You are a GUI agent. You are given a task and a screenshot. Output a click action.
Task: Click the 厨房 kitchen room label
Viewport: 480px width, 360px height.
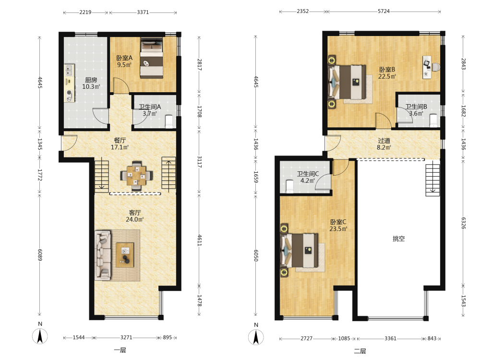[x=91, y=80]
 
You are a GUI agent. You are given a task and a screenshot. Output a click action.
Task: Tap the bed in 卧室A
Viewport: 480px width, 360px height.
[x=152, y=58]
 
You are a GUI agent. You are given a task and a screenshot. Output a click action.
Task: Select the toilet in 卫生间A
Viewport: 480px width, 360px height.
[x=169, y=121]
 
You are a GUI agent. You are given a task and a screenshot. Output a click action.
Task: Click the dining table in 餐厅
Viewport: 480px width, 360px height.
[x=136, y=176]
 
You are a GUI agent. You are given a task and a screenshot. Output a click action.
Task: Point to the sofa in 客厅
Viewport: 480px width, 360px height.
[x=103, y=255]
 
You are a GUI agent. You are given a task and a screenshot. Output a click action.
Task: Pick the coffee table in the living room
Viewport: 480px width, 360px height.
[x=125, y=255]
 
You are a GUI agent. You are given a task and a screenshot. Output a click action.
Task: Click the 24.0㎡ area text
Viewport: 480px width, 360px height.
[x=134, y=219]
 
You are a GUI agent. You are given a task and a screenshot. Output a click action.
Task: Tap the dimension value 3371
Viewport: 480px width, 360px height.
[x=143, y=12]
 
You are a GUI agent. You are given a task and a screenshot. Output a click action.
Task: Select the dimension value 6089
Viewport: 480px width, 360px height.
[x=40, y=255]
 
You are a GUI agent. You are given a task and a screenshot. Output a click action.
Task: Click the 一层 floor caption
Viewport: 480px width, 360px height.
[x=120, y=350]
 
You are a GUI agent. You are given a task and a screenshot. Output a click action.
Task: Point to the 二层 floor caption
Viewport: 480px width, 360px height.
[x=360, y=351]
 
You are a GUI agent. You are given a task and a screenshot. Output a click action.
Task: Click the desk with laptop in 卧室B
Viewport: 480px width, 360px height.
[x=427, y=67]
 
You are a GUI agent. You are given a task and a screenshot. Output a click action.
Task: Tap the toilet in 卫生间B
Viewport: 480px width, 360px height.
[x=433, y=120]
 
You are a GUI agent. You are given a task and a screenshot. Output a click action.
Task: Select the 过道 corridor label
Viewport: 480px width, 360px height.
[x=384, y=141]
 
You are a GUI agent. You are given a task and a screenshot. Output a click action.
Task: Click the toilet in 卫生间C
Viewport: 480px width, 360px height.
[x=289, y=186]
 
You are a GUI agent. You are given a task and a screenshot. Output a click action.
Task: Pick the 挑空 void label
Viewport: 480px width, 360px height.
[x=398, y=239]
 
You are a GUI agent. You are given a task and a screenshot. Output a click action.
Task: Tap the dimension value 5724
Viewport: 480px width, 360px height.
[x=384, y=12]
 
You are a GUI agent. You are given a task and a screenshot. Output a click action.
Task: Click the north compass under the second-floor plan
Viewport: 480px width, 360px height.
[x=256, y=337]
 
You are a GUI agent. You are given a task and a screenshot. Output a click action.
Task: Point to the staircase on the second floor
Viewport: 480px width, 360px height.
[x=432, y=180]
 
